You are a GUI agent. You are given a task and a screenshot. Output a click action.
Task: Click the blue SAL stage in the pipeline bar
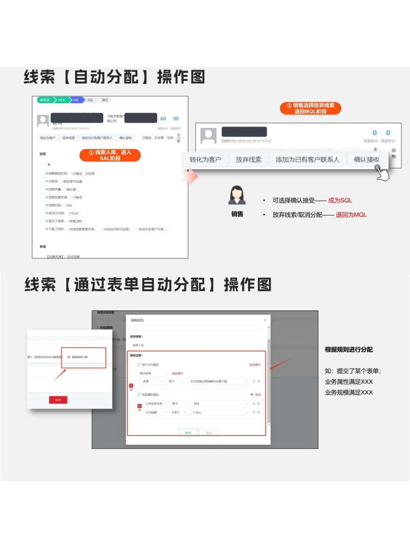click(76, 100)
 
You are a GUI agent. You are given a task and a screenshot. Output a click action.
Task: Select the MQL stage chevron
click(61, 100)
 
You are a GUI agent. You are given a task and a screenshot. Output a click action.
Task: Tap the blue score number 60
click(163, 118)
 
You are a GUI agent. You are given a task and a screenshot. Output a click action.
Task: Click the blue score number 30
click(176, 118)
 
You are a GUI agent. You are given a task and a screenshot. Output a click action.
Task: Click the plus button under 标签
click(49, 164)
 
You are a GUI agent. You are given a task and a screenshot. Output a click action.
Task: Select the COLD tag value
click(74, 213)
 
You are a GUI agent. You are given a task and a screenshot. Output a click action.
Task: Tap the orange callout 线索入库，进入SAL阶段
click(110, 155)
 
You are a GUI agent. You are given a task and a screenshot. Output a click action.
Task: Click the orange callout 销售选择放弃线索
click(311, 108)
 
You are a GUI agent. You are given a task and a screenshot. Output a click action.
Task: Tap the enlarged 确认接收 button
click(366, 160)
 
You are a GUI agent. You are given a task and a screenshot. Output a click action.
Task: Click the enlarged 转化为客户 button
click(205, 160)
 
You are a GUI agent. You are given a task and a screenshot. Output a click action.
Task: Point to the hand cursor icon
click(382, 174)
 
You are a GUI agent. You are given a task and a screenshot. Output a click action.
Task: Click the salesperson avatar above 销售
click(237, 195)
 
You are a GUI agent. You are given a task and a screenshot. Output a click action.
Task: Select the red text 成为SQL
click(340, 200)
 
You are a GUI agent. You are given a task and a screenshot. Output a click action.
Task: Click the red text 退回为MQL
click(351, 215)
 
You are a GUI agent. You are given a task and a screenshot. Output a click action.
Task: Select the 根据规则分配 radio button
click(69, 357)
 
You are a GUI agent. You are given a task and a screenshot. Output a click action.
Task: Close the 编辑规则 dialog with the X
click(265, 320)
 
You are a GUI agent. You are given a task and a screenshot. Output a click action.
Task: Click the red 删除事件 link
click(177, 373)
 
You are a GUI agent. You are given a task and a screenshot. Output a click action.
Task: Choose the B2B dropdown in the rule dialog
click(220, 404)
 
